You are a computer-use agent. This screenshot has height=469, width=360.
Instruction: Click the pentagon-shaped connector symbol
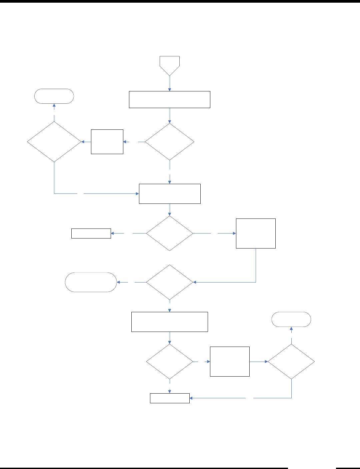(x=170, y=65)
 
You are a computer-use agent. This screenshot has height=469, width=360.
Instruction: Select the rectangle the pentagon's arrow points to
(x=170, y=99)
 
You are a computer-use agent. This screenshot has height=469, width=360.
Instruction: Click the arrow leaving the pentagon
(x=170, y=83)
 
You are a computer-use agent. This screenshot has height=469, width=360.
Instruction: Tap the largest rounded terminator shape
(x=91, y=282)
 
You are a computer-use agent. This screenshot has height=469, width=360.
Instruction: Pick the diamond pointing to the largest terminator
(x=170, y=282)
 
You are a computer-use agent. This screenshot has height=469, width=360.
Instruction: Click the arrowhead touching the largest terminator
(x=119, y=282)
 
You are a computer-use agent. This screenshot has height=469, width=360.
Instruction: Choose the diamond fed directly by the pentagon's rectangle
(x=170, y=142)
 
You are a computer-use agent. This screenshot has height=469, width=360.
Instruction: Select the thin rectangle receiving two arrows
(x=170, y=398)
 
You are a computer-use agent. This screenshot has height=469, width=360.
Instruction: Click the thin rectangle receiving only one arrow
(x=91, y=233)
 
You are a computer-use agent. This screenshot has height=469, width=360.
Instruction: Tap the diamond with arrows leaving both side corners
(x=170, y=233)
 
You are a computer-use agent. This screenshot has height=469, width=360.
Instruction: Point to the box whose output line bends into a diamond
(x=256, y=233)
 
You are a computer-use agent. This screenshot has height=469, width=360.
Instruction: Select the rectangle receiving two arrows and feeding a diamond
(x=170, y=193)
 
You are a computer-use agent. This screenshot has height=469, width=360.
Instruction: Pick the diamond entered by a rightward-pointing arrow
(x=291, y=362)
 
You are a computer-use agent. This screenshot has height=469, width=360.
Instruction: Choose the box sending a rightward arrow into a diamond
(x=230, y=362)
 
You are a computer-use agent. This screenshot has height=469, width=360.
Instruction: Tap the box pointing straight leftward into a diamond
(x=107, y=142)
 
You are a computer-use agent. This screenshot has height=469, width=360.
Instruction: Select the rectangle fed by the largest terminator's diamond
(x=170, y=322)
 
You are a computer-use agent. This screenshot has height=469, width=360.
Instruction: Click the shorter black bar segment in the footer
(x=348, y=468)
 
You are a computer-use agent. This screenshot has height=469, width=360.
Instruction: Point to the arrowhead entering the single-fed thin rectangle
(x=113, y=233)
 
